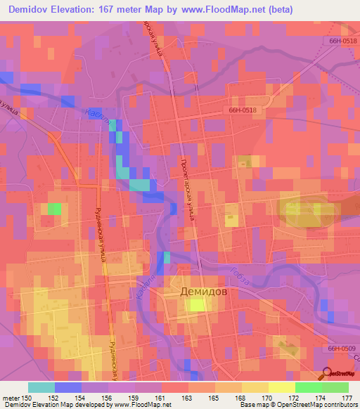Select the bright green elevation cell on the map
(54, 209)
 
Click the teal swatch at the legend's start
(41, 387)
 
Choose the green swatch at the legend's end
(335, 387)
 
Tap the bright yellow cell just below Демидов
(198, 304)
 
